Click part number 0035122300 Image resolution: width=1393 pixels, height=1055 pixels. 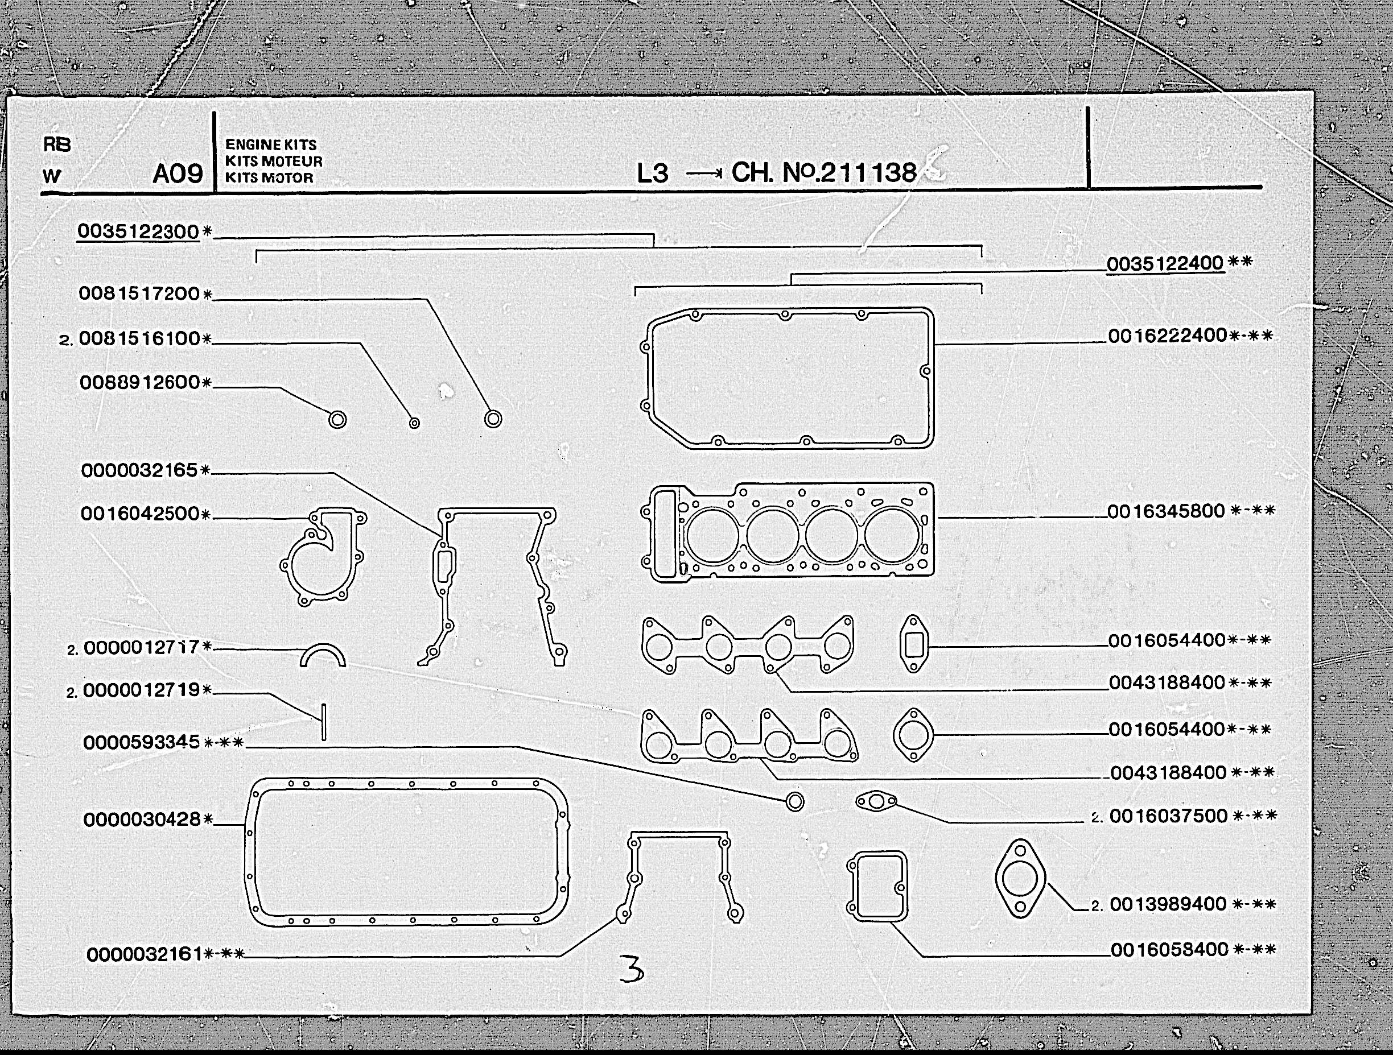coord(138,231)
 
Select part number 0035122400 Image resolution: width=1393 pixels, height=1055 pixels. coord(1165,263)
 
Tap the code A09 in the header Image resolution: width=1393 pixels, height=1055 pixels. coord(178,173)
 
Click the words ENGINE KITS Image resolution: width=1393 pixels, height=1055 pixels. coord(271,145)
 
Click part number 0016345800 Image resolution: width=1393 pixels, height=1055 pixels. coord(1165,511)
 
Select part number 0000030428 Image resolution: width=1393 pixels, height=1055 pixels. coord(142,820)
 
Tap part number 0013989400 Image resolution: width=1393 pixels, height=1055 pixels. coord(1168,904)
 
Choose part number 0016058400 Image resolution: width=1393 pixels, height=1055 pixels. coord(1169,949)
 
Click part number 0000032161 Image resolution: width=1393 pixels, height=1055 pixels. coord(145,954)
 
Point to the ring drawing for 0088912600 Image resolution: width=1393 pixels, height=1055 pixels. coord(337,419)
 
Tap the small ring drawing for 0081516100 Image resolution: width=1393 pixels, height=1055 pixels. coord(414,423)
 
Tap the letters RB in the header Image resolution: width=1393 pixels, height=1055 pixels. coord(57,145)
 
